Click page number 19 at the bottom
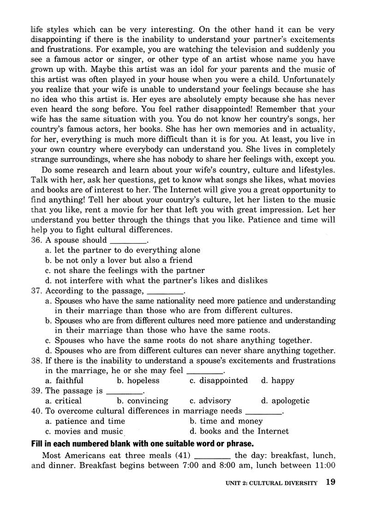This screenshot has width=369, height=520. pyautogui.click(x=330, y=483)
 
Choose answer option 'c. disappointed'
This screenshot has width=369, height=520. pyautogui.click(x=219, y=381)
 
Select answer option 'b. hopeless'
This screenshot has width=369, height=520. pyautogui.click(x=138, y=381)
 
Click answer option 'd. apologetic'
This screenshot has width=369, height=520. pyautogui.click(x=285, y=401)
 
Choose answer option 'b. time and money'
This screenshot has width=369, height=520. pyautogui.click(x=226, y=421)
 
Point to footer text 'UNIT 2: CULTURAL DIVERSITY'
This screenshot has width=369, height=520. pyautogui.click(x=272, y=484)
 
